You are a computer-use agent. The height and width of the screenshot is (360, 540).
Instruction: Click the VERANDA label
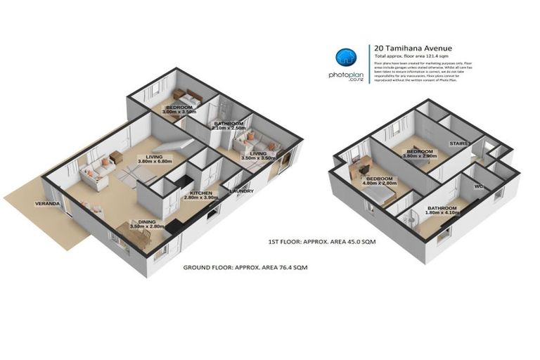click(48, 204)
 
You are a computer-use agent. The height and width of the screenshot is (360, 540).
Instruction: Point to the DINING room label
click(147, 221)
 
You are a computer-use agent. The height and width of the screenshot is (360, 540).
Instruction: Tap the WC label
click(479, 186)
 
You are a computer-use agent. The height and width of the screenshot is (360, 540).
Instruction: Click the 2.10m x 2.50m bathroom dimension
click(229, 128)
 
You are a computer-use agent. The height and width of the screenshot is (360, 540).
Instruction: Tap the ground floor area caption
click(245, 268)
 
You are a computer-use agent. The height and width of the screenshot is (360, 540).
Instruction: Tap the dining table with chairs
click(140, 233)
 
